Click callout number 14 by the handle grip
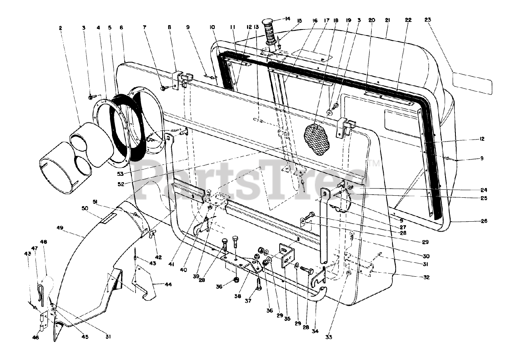(x=287, y=18)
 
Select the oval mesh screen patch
(x=317, y=139)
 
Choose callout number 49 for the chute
(x=60, y=228)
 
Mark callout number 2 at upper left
(x=60, y=28)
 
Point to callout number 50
(x=84, y=209)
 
